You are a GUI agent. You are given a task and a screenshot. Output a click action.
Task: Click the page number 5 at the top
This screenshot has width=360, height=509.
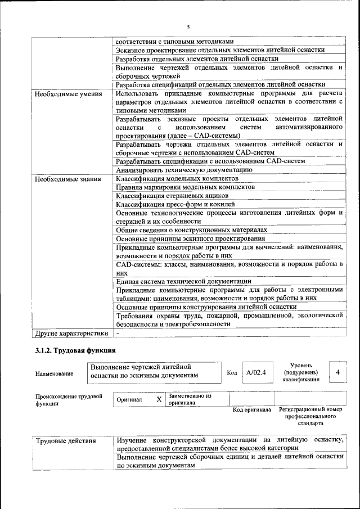[188, 26]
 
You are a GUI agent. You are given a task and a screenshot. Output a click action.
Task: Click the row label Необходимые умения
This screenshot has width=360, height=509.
[68, 94]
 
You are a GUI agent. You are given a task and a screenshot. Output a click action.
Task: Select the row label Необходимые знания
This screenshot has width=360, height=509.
[67, 179]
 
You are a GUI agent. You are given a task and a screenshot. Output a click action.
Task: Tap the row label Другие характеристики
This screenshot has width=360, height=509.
[71, 333]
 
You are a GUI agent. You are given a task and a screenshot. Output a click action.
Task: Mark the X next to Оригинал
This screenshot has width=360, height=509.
[159, 399]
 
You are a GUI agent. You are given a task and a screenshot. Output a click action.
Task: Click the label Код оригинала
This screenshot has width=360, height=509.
[252, 409]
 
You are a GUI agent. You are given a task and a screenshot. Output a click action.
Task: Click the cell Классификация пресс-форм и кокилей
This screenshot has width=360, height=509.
[175, 204]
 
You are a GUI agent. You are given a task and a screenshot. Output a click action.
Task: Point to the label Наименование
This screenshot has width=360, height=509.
[54, 373]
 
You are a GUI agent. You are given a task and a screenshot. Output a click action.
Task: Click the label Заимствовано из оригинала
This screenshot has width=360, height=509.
[190, 399]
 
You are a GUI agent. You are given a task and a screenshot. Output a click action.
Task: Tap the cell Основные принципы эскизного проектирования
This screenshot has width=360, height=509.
[190, 238]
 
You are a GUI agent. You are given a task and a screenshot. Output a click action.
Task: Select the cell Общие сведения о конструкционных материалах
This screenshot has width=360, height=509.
[191, 230]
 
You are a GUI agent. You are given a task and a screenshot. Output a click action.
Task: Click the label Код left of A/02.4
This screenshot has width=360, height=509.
[232, 372]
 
